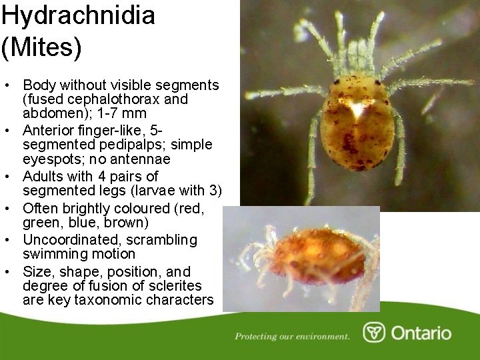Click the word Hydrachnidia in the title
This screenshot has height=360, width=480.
click(x=77, y=15)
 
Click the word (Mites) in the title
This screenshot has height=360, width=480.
click(x=41, y=47)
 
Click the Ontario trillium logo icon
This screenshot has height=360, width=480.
click(x=374, y=332)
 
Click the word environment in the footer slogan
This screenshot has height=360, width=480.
click(x=321, y=336)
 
